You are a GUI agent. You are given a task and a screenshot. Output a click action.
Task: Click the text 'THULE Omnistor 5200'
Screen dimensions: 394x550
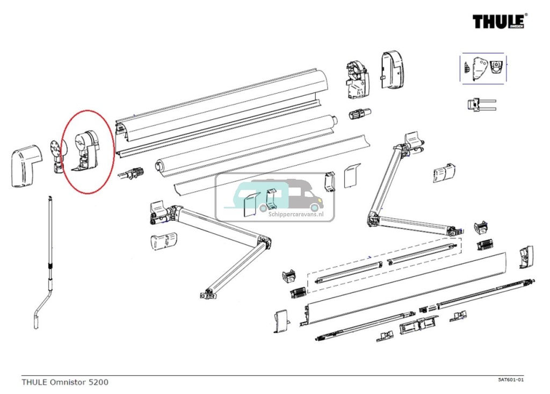(x=65, y=382)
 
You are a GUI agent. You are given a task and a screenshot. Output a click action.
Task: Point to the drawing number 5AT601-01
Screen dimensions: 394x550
(x=510, y=379)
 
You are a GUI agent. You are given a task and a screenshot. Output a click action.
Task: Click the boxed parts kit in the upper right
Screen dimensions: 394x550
(x=483, y=68)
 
